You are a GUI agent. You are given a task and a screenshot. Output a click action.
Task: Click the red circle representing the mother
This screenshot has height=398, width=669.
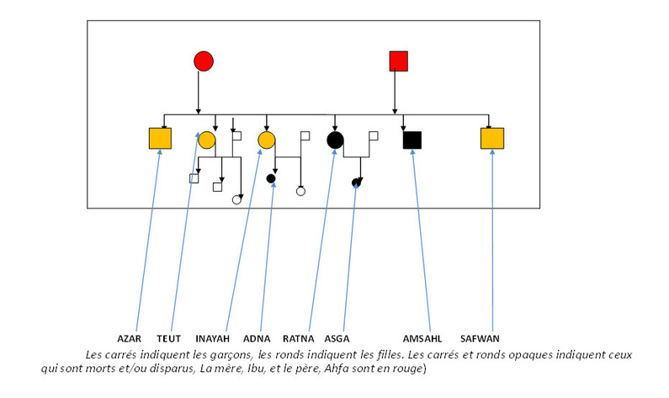click(x=203, y=61)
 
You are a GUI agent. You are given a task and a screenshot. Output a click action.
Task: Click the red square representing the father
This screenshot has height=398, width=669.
click(x=398, y=61)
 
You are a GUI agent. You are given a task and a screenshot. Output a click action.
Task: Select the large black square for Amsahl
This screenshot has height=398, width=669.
click(x=411, y=140)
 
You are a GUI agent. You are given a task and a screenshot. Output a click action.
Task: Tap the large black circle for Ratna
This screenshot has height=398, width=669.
click(x=335, y=140)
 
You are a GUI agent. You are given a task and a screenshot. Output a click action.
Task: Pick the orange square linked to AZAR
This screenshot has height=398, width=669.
click(x=159, y=139)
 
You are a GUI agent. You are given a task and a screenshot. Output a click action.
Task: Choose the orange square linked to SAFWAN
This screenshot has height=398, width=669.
click(x=491, y=139)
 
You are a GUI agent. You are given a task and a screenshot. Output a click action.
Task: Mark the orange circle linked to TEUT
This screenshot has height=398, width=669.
click(x=207, y=140)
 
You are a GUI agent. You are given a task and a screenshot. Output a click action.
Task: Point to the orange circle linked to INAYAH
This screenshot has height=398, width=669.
click(x=267, y=140)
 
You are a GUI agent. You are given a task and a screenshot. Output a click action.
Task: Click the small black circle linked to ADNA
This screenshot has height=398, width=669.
click(x=271, y=178)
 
